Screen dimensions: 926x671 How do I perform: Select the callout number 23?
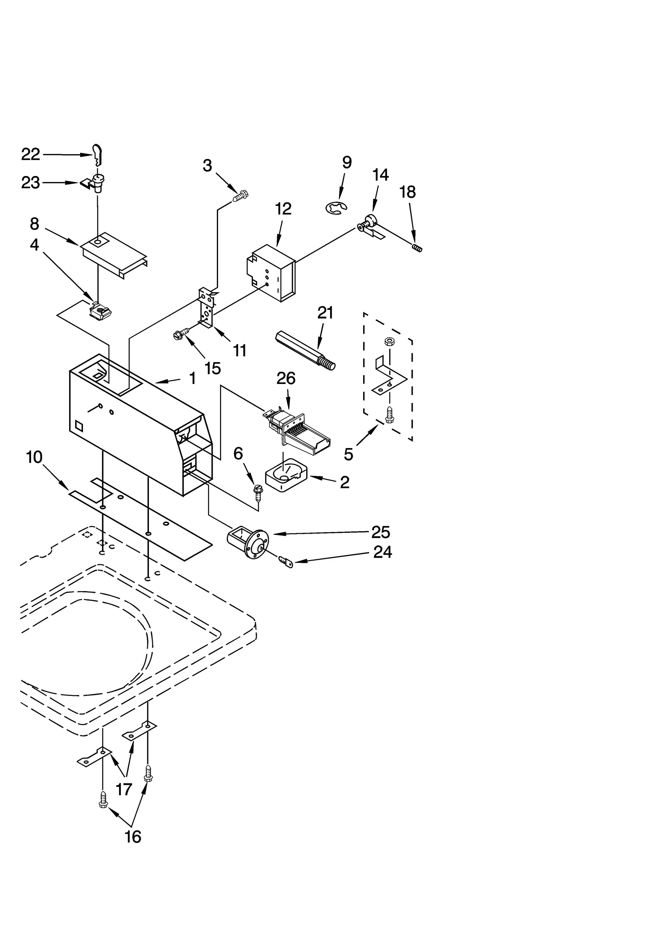[x=31, y=183]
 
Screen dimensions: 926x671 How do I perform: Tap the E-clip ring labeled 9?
[x=336, y=207]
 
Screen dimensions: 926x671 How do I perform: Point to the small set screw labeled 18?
[x=417, y=248]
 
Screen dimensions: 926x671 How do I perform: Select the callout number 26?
[x=286, y=379]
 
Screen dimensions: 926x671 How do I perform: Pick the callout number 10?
[x=34, y=457]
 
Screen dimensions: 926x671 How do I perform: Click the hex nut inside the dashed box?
[x=389, y=341]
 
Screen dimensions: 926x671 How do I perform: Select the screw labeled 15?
[x=179, y=334]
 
